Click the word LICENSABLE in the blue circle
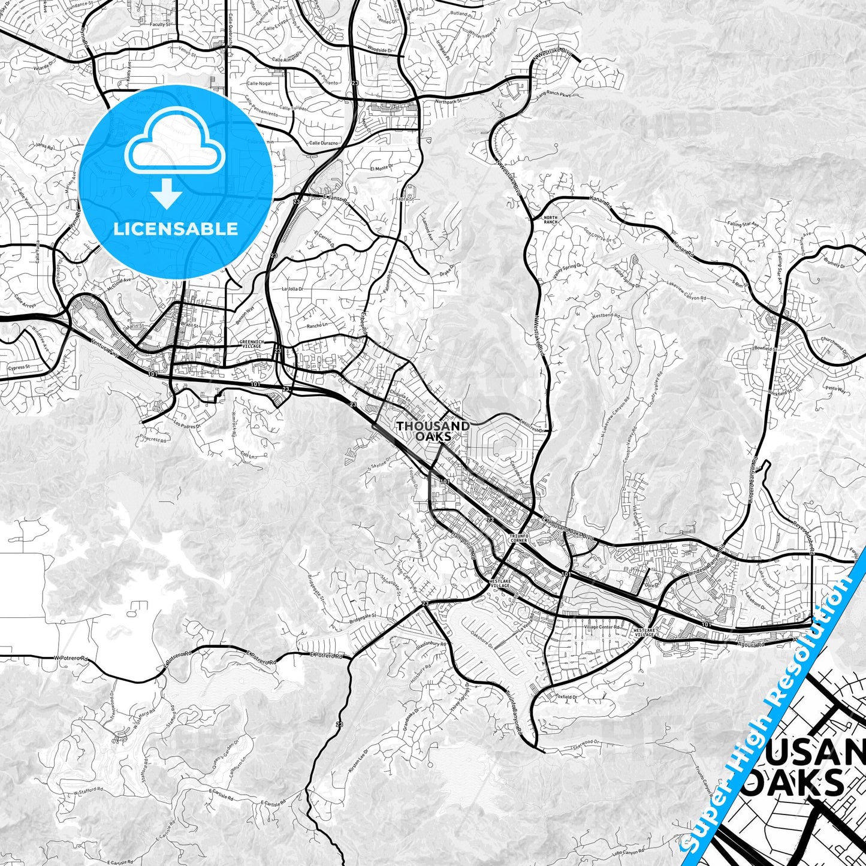point(176,229)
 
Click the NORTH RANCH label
point(550,219)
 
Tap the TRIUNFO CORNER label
point(518,538)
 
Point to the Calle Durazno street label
point(324,143)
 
